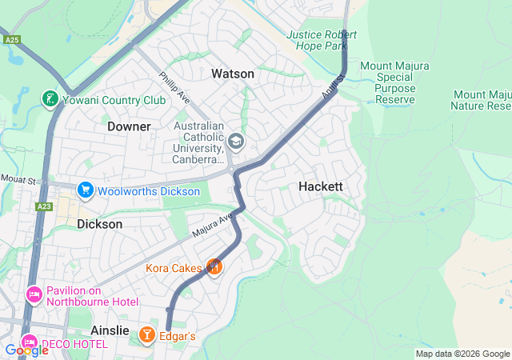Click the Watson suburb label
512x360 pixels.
pyautogui.click(x=232, y=74)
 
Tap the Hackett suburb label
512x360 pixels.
pyautogui.click(x=320, y=186)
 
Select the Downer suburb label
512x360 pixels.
pyautogui.click(x=129, y=126)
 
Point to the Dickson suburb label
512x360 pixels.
pyautogui.click(x=100, y=224)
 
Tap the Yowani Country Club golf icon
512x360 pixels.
pyautogui.click(x=50, y=100)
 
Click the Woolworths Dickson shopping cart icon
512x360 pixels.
pyautogui.click(x=85, y=190)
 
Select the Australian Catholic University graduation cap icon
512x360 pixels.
pyautogui.click(x=236, y=142)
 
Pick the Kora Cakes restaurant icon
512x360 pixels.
pyautogui.click(x=214, y=266)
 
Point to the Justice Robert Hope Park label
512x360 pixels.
pyautogui.click(x=322, y=40)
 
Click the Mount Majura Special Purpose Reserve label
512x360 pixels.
pyautogui.click(x=398, y=82)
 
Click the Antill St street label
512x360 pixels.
pyautogui.click(x=332, y=86)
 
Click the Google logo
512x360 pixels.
pyautogui.click(x=26, y=350)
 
